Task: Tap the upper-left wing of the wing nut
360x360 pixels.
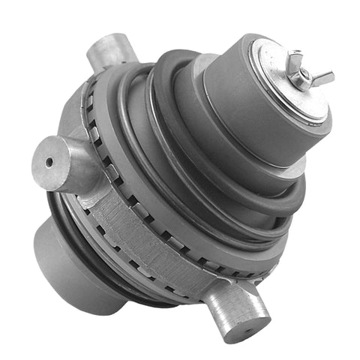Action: click(295, 58)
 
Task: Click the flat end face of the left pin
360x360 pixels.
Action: click(49, 160)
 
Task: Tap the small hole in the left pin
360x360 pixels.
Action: click(49, 161)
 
